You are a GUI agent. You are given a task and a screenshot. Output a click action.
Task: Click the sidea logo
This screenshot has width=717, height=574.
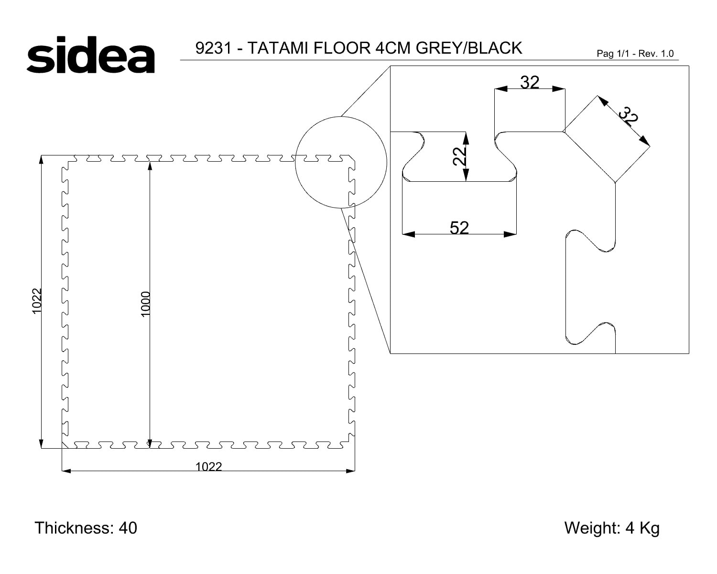91,55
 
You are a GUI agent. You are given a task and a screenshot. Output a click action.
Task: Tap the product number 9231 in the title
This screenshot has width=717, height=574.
213,48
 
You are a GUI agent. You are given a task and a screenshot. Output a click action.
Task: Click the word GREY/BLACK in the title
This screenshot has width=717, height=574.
469,48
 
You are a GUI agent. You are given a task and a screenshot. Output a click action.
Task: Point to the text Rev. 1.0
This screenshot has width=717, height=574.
656,54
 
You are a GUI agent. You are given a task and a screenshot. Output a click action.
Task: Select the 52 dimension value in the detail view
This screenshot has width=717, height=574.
459,228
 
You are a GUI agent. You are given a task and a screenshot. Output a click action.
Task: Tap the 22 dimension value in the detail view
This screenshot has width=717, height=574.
459,156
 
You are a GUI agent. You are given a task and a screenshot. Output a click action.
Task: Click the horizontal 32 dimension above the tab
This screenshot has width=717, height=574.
530,82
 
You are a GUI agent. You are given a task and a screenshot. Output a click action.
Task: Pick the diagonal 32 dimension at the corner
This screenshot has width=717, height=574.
629,116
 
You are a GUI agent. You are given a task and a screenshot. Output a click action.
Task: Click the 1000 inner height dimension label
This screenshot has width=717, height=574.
146,304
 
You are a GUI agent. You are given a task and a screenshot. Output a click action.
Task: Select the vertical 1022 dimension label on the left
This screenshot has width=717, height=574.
37,301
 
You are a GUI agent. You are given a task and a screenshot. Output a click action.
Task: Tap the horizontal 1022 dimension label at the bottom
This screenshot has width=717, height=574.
208,466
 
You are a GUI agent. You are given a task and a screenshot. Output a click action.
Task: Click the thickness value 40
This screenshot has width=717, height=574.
128,528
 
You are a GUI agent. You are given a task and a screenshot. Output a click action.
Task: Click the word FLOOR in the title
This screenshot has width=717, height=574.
342,48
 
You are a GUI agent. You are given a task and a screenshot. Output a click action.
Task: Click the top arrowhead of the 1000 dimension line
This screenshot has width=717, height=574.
150,166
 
